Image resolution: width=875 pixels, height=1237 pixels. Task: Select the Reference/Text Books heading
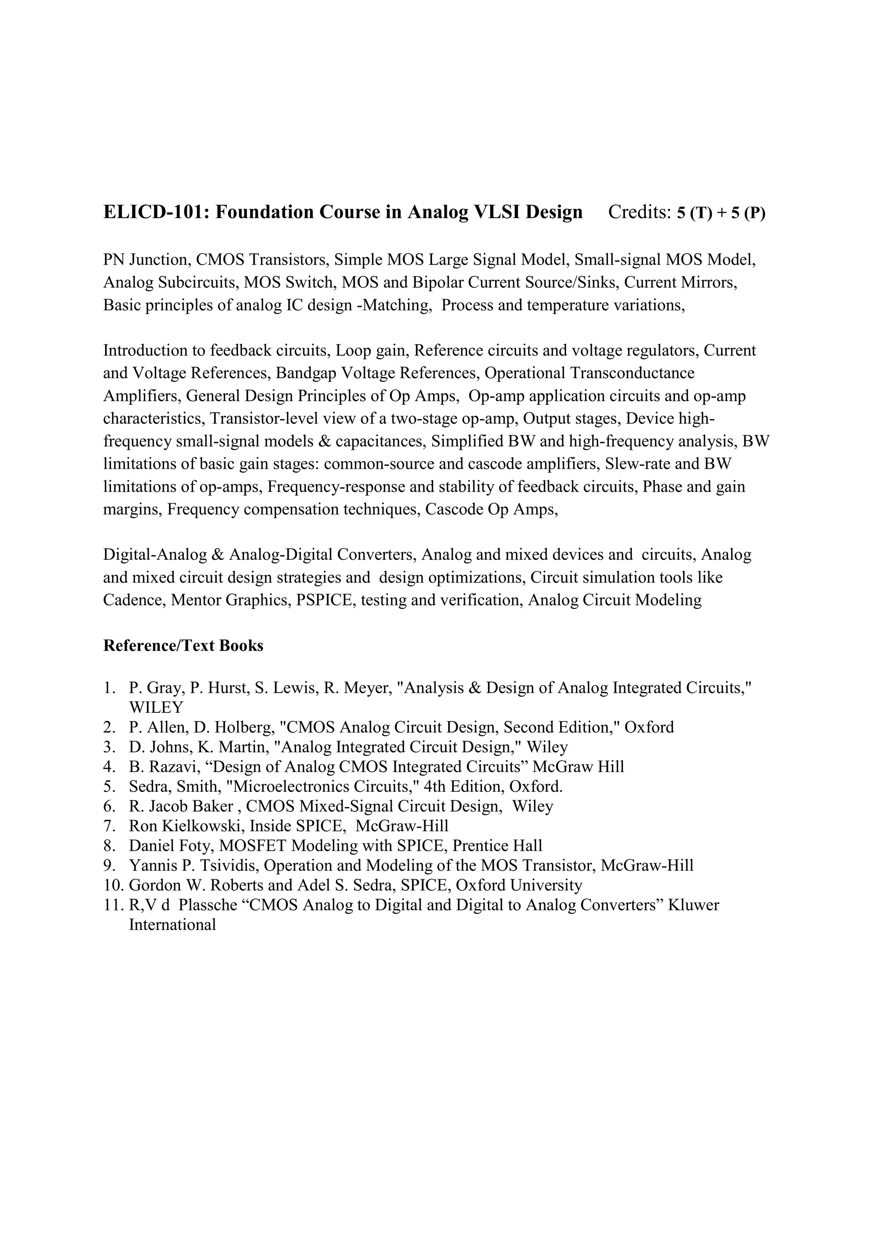(183, 645)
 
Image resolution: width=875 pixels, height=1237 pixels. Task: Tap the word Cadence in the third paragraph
(134, 600)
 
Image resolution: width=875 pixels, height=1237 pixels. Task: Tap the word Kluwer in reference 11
(693, 905)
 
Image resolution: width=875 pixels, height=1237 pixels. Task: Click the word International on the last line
(173, 925)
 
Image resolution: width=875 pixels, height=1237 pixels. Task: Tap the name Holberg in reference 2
(244, 727)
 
